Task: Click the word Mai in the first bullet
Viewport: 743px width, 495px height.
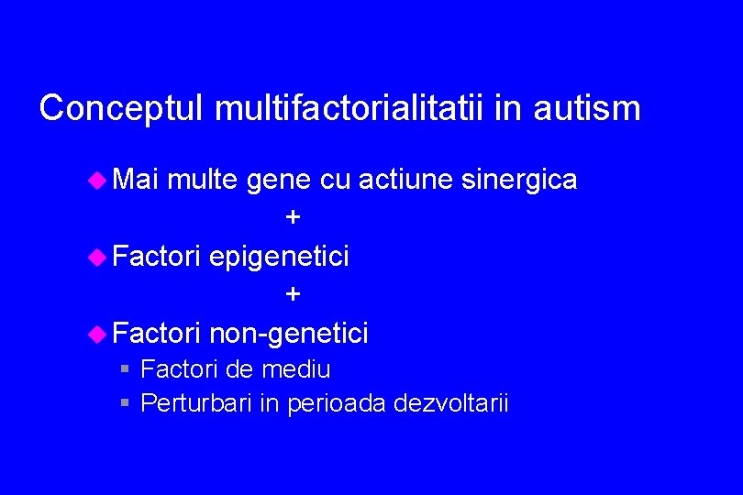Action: point(137,180)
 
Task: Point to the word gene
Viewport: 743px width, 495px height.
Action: point(279,181)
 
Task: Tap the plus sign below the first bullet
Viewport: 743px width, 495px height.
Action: point(293,217)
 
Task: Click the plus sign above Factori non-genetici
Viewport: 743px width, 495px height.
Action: point(293,294)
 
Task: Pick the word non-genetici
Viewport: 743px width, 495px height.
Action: point(288,333)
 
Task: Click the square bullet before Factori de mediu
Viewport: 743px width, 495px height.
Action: point(126,369)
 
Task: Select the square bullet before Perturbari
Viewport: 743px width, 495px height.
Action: point(126,402)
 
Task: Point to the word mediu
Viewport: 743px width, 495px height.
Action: point(295,369)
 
